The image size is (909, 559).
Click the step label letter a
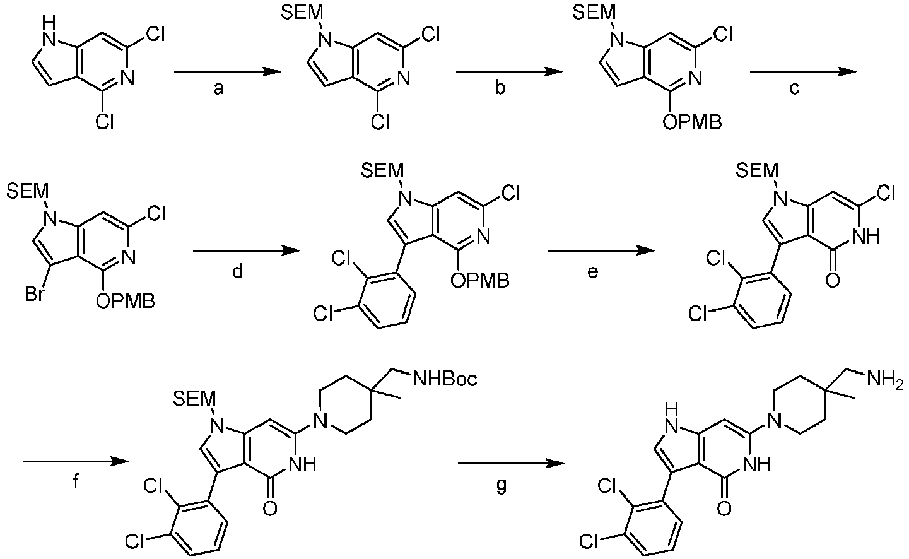click(218, 89)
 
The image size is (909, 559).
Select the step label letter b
click(500, 87)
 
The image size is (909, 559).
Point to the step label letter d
click(237, 271)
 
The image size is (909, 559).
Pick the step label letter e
click(592, 273)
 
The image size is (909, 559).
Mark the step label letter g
click(501, 486)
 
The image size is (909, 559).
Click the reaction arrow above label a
click(227, 72)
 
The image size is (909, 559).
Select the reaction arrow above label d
click(246, 251)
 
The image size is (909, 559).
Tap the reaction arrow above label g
click(512, 463)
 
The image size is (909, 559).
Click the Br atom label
click(34, 294)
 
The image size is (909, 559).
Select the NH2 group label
click(885, 380)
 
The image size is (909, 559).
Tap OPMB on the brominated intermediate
click(126, 301)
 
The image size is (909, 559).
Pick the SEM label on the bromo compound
click(27, 191)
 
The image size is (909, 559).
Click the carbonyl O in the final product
click(724, 509)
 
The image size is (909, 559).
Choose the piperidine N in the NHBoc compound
click(320, 421)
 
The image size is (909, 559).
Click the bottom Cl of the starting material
click(104, 121)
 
